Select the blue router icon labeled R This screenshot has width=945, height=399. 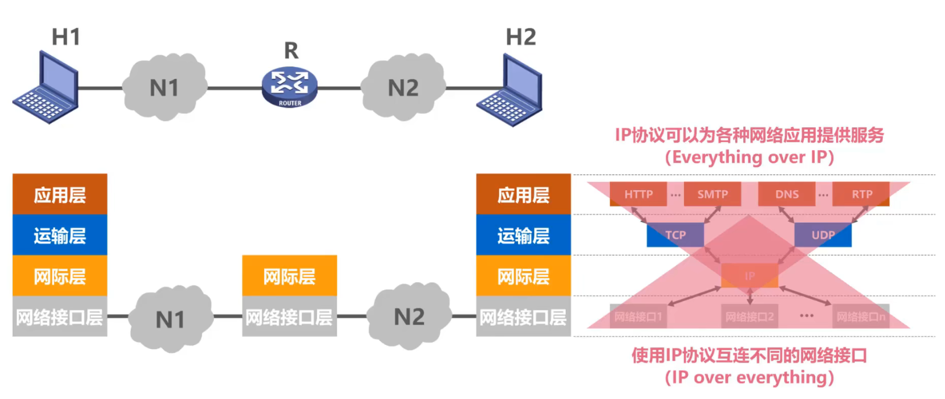[290, 86]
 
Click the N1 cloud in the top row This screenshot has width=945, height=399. [165, 87]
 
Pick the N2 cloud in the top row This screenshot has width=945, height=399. [403, 87]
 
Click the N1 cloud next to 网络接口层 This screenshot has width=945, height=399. [170, 319]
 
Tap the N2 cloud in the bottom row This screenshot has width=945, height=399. [409, 316]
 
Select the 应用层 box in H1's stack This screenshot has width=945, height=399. [60, 194]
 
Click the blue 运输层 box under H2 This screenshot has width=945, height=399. [523, 235]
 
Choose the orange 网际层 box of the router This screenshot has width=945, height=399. [290, 276]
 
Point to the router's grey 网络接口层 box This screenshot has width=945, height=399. [290, 317]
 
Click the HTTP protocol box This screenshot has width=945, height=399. [639, 194]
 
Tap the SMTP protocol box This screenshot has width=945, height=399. [712, 194]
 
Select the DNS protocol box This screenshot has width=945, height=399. [787, 194]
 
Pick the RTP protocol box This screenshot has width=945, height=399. [861, 194]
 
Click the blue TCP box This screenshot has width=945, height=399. [675, 235]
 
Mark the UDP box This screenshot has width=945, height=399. [823, 235]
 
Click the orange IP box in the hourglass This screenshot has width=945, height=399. [750, 276]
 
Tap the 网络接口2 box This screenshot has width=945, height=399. [750, 316]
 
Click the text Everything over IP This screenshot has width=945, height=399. [750, 158]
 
